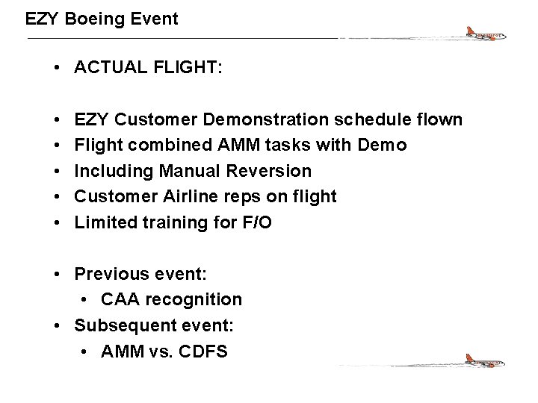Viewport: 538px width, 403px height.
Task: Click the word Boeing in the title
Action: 95,19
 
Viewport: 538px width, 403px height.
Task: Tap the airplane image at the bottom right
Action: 482,363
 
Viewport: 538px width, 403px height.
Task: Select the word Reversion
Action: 272,171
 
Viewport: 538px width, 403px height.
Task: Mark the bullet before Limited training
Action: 58,222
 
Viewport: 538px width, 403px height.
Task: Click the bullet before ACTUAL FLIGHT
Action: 58,68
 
